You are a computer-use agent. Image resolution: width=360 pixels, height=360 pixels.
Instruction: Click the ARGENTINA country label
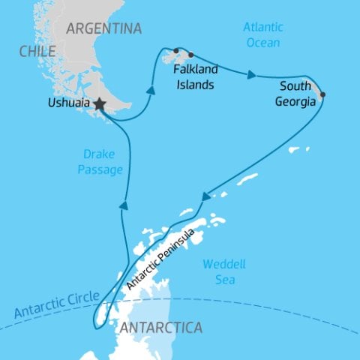(x=103, y=29)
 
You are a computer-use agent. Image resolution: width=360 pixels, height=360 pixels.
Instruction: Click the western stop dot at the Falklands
(x=176, y=51)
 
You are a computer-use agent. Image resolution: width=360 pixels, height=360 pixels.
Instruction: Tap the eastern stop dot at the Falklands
(x=191, y=55)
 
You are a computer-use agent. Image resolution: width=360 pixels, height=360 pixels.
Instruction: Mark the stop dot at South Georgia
(x=322, y=95)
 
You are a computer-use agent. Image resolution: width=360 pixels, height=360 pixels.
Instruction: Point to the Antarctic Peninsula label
(x=161, y=259)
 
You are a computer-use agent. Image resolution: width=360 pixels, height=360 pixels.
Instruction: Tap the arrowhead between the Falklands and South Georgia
(x=253, y=75)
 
